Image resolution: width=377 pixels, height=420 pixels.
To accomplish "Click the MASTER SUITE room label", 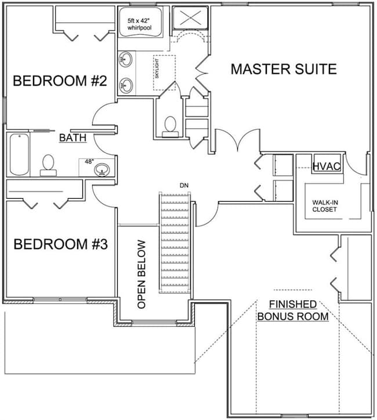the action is tap(284, 69).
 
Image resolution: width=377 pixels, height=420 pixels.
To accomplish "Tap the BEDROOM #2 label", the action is tap(60, 81).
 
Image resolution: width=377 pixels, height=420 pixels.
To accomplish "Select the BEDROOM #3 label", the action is tap(60, 244).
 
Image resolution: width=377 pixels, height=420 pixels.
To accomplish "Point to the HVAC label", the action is tap(327, 166).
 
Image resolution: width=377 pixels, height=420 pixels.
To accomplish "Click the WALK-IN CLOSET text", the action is tap(325, 206).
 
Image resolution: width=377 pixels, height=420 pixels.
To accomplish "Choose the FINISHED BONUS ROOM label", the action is tap(293, 311).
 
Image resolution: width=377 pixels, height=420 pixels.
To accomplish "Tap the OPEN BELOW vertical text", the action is tap(142, 274).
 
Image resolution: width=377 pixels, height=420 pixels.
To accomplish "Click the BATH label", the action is tap(72, 138).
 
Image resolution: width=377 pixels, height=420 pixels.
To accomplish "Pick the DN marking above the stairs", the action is tap(184, 185).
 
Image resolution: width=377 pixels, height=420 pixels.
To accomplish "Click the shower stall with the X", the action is tap(190, 18).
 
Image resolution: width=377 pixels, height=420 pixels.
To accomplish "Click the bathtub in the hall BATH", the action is tap(19, 154).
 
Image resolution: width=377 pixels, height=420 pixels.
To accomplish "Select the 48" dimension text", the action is tap(89, 162).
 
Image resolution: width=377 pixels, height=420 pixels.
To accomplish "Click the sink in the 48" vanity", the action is tap(102, 169).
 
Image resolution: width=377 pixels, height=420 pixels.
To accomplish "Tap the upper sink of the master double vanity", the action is tap(125, 60).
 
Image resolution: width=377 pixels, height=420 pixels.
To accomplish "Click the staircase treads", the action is tap(175, 243).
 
